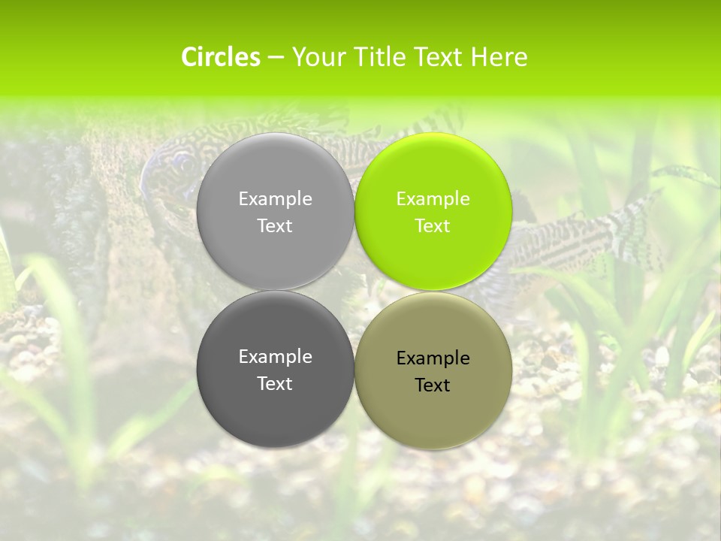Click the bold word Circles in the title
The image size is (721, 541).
click(x=221, y=57)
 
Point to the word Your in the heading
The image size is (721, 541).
click(x=317, y=57)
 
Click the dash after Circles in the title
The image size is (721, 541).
click(x=276, y=57)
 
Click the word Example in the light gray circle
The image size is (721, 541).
click(x=275, y=198)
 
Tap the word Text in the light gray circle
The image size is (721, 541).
click(x=275, y=225)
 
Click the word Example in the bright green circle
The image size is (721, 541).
click(x=433, y=198)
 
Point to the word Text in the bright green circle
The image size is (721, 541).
click(x=433, y=225)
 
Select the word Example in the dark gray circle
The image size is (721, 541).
click(x=275, y=356)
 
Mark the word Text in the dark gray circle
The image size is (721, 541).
click(x=275, y=383)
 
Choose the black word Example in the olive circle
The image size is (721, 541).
click(x=433, y=358)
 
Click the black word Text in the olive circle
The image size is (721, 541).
click(x=433, y=385)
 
